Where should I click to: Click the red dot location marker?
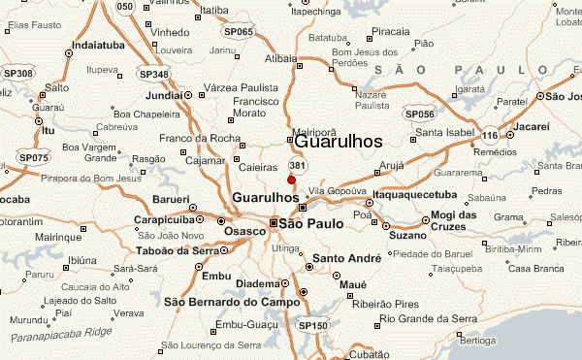[291, 180]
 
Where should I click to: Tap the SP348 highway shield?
[152, 75]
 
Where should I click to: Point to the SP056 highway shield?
[419, 115]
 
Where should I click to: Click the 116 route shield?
[491, 134]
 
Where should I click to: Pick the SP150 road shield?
[312, 325]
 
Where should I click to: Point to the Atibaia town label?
[279, 58]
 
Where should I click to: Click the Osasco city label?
[243, 231]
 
